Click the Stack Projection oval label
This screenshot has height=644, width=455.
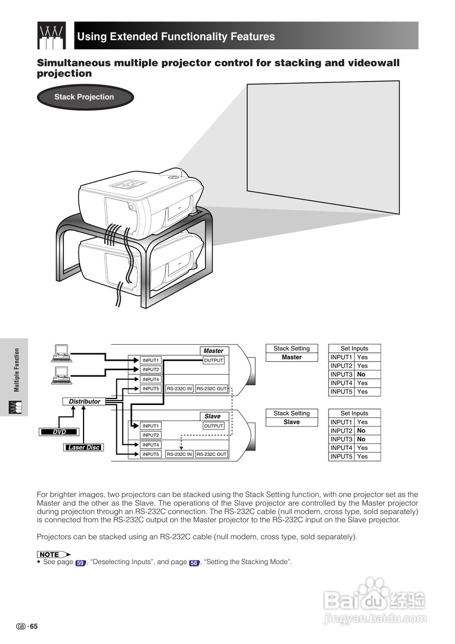(84, 97)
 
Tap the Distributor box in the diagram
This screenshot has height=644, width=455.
(85, 401)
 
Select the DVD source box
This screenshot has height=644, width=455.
(59, 432)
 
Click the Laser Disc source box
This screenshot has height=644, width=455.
(84, 447)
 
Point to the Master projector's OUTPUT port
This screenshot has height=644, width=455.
(213, 360)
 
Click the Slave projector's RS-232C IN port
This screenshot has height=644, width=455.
(180, 454)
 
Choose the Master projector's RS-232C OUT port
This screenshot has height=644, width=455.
(211, 388)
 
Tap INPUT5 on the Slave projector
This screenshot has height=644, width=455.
(150, 454)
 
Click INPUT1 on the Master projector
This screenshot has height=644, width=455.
(150, 360)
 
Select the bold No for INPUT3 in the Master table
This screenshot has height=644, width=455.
(361, 374)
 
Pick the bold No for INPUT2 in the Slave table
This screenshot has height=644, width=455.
(361, 431)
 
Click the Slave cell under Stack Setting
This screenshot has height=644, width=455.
(291, 422)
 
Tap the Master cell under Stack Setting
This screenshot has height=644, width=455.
(291, 357)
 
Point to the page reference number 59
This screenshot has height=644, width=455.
(80, 563)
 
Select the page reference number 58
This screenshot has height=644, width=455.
(194, 563)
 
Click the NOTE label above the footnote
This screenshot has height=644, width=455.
(51, 554)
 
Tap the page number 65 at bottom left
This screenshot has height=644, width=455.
(33, 626)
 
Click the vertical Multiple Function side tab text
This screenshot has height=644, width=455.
(17, 370)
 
